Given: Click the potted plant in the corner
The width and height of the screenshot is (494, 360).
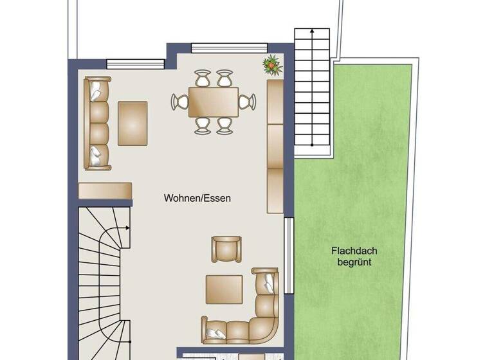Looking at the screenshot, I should tap(273, 64).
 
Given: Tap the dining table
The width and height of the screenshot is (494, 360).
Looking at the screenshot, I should tap(214, 102).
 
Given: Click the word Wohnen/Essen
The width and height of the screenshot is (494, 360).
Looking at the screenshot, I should tap(197, 199).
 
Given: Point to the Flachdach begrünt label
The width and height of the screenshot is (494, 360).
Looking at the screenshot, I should tap(351, 256).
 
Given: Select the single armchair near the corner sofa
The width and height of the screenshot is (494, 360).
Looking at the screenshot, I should tap(226, 248).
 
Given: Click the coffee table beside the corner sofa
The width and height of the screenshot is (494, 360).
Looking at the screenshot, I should tap(224, 289).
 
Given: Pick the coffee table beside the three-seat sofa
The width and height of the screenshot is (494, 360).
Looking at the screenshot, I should tap(133, 123).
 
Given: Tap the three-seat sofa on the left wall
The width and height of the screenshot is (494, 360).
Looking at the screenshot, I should tap(97, 123).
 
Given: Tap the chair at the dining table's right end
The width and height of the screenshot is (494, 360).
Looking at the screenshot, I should tap(248, 102).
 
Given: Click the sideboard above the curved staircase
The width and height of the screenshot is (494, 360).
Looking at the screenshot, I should tap(105, 190).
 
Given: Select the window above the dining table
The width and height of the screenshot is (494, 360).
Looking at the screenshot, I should tap(229, 47).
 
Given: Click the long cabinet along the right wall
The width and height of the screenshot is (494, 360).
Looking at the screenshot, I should tap(275, 146).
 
